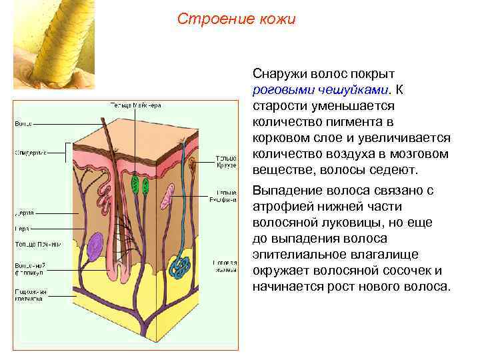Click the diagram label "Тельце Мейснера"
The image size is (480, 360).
click(x=136, y=105)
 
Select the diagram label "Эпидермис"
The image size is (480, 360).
click(x=31, y=152)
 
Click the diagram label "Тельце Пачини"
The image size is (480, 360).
click(x=37, y=244)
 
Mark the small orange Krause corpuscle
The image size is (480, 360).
click(x=193, y=163)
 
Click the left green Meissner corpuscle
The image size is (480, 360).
click(x=135, y=184)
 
